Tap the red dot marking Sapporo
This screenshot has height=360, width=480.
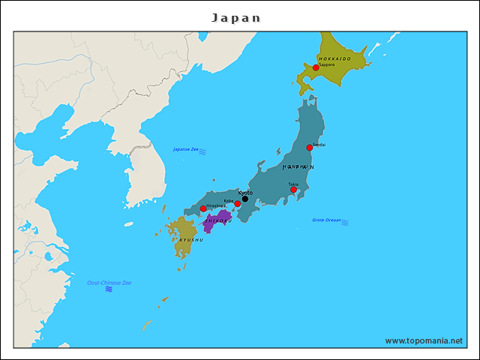316,67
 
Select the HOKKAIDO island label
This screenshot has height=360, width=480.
334,58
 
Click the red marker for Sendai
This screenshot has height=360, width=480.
310,148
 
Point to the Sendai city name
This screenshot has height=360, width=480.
319,144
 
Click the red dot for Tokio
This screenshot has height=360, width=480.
293,190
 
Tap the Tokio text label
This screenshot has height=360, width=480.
293,184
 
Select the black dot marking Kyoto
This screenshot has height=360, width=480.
245,199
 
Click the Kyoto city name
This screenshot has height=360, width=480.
245,193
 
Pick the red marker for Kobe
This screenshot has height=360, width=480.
238,204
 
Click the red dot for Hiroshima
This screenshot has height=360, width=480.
203,209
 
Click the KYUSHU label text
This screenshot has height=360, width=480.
190,239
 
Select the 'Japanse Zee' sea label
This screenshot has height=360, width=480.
185,149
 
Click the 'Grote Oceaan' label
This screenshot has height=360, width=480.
326,220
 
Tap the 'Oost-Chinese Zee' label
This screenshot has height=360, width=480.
109,283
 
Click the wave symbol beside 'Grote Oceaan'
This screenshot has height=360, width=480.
345,222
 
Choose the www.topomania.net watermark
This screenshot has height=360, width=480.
424,340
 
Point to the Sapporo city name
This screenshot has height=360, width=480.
326,64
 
